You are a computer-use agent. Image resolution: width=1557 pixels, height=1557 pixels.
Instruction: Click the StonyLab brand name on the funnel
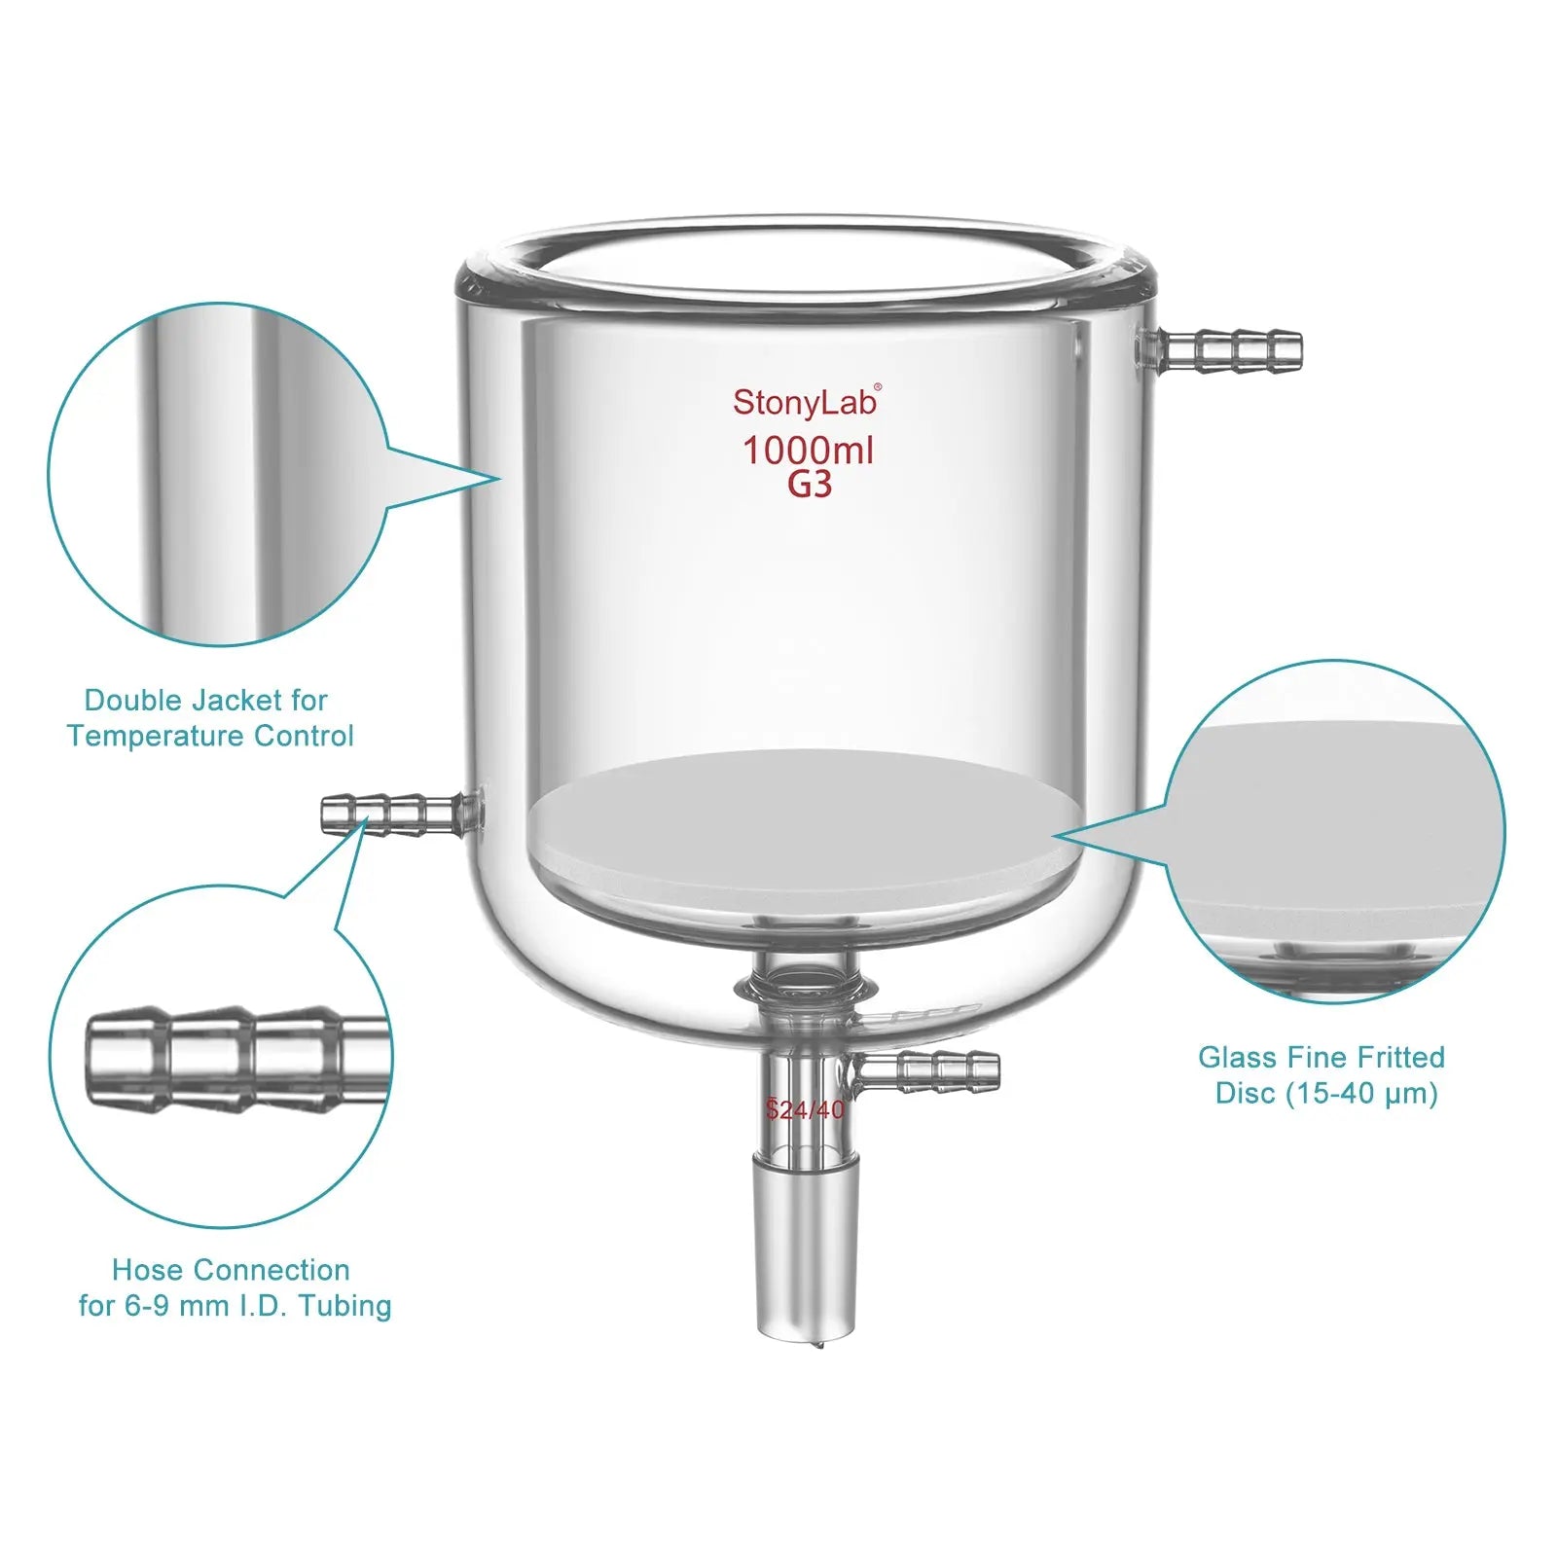(x=804, y=402)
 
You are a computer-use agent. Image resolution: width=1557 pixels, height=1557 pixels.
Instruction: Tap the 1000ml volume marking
(x=808, y=451)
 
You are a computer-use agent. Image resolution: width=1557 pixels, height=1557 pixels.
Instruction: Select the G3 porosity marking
(x=810, y=484)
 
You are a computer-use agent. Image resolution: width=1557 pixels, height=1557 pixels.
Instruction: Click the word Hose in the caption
(x=148, y=1270)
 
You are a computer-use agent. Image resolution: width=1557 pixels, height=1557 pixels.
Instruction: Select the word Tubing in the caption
(x=344, y=1306)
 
